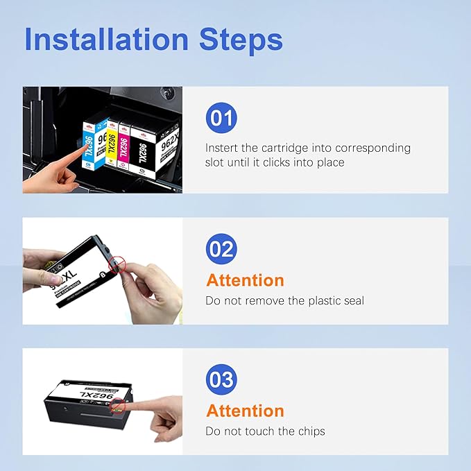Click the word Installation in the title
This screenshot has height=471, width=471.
coord(106,39)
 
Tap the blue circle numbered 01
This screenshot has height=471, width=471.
coord(221,118)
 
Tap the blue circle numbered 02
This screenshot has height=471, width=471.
coord(221,249)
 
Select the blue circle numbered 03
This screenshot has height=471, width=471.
coord(221,379)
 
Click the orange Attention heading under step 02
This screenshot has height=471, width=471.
coord(245,280)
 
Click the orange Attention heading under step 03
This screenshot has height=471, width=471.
coord(245,411)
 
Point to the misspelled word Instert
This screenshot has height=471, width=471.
coord(221,148)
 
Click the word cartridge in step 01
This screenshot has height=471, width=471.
coord(285,148)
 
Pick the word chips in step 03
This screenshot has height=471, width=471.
coord(311,431)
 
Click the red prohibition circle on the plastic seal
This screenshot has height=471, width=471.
coord(117,265)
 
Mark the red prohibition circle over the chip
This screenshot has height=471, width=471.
coord(118,406)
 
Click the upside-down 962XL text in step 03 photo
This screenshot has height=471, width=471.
coord(96,395)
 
